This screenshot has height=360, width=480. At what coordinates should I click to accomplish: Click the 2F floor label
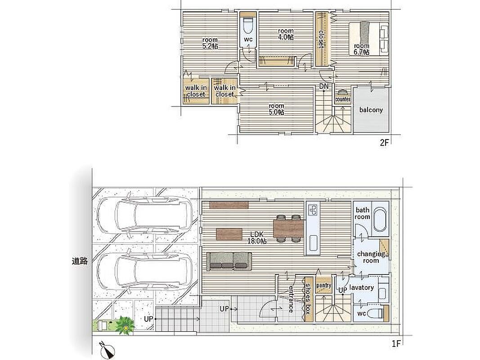tap(384, 142)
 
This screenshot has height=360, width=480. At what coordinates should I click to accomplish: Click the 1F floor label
tap(396, 343)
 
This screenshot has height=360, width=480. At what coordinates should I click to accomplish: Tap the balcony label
tap(371, 110)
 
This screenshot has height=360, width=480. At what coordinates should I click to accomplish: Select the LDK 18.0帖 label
tap(257, 238)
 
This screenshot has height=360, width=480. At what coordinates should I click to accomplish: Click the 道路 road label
tap(80, 261)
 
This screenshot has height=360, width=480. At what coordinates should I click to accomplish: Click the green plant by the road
tap(125, 324)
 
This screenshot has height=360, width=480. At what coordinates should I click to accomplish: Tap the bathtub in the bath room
tap(380, 219)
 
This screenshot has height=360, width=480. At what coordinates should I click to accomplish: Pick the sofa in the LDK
tap(229, 261)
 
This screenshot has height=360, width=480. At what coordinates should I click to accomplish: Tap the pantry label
tap(323, 285)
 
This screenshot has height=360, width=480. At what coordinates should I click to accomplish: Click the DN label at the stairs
tap(324, 86)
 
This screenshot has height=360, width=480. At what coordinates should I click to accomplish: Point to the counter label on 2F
tap(343, 99)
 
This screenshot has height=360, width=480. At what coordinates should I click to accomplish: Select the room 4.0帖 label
tap(286, 34)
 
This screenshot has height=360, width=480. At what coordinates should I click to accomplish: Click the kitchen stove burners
tap(313, 210)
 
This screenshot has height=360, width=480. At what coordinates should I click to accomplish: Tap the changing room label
tap(371, 257)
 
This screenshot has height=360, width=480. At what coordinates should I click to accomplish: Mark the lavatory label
tap(362, 288)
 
